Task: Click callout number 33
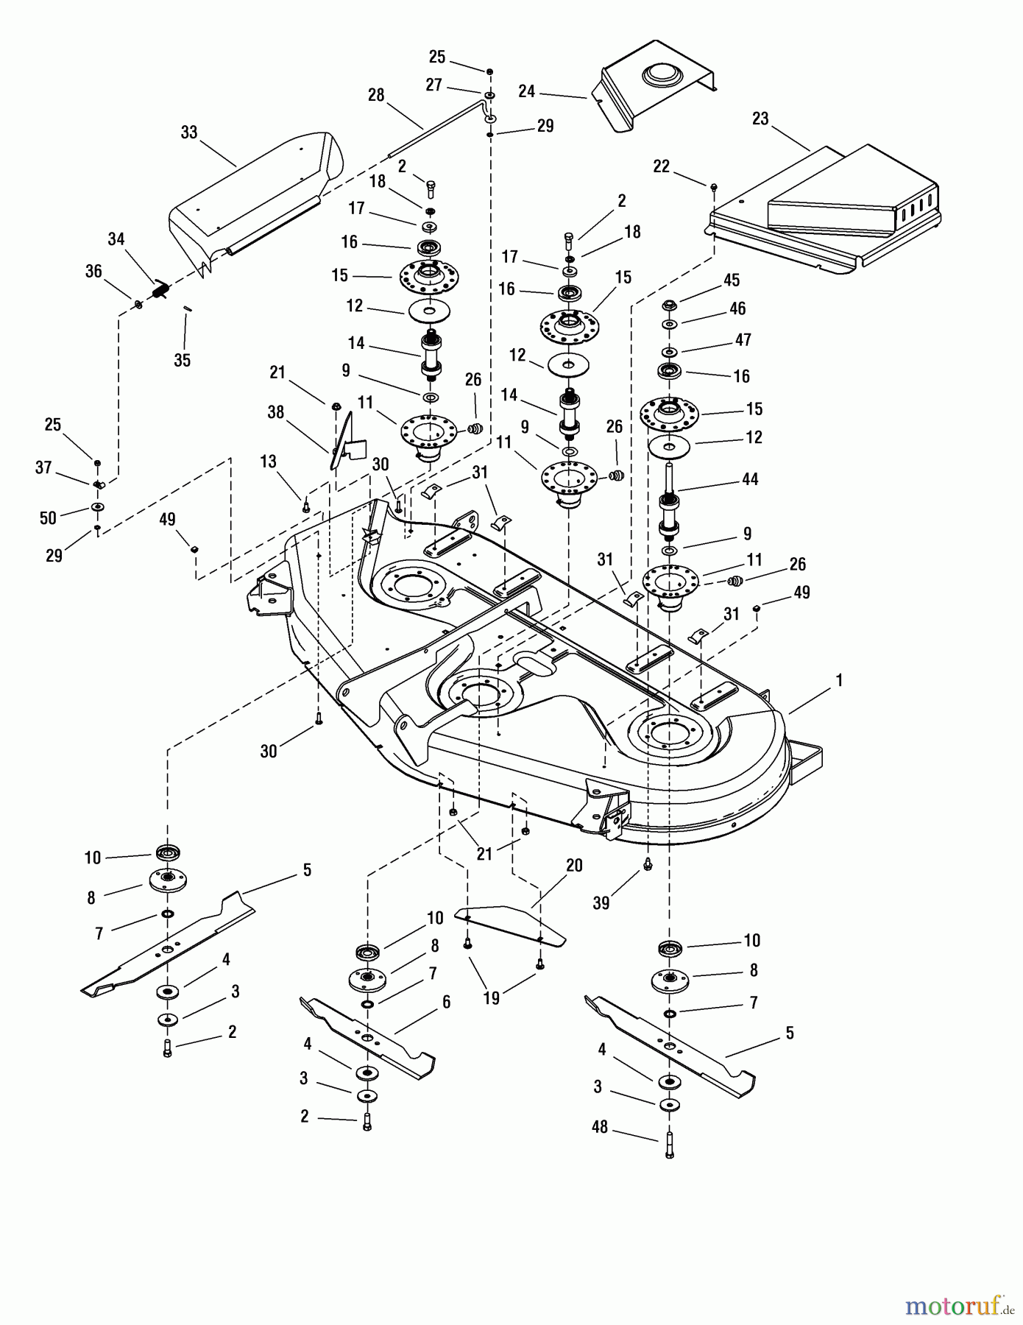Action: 189,132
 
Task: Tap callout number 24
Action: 527,92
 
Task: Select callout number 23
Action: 760,118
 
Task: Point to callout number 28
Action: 376,96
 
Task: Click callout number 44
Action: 751,479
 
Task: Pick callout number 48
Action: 600,1127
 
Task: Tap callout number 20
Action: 574,866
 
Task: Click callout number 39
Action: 601,902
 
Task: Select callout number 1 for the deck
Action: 838,681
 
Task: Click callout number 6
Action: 446,1002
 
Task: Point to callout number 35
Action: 182,360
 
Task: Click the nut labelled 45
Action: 669,304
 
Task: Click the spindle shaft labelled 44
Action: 670,501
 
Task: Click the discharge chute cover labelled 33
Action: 258,195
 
